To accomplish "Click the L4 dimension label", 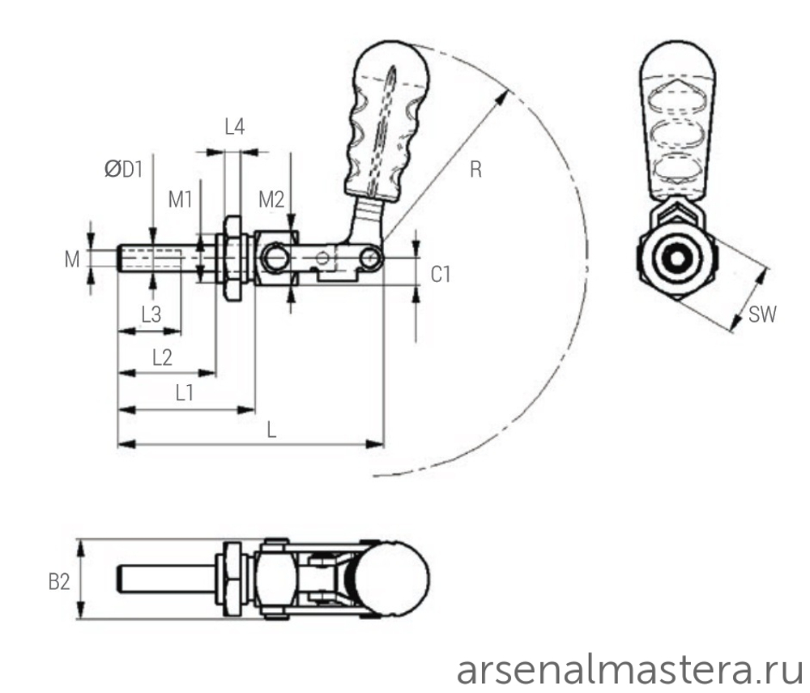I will click(234, 126).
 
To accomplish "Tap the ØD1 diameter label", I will click(123, 169).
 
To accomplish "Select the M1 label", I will click(180, 199).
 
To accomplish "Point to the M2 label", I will click(271, 199).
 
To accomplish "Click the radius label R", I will click(476, 169).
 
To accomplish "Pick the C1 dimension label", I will click(440, 276).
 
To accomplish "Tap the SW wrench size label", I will click(762, 315).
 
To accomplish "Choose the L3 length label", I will click(151, 312).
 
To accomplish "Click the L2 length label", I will click(162, 357).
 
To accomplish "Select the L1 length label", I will click(184, 393).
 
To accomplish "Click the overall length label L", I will click(272, 430).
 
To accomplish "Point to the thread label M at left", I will click(73, 259).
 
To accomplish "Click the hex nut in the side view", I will click(232, 259).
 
